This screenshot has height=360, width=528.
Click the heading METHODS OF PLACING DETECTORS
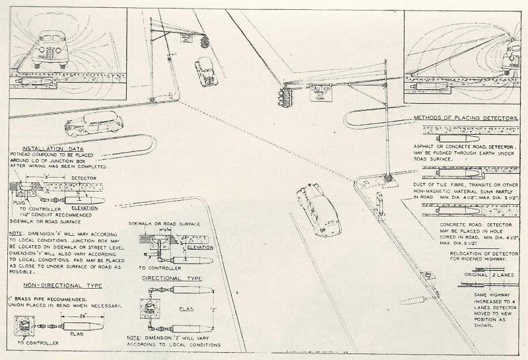[465, 118]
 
